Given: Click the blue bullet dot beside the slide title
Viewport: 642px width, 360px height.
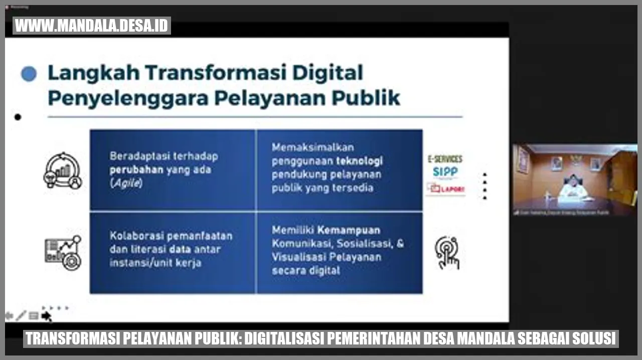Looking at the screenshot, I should [29, 74].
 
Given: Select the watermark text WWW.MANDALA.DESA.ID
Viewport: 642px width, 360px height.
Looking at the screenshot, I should [92, 26].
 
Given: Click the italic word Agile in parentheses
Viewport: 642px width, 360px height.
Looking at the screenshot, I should [126, 183].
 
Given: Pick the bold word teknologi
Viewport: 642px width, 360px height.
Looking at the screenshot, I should [360, 161].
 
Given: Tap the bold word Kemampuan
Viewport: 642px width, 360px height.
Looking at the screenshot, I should [349, 230].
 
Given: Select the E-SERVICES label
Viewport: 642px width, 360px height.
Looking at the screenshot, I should [445, 159].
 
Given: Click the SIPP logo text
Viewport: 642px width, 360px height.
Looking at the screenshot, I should [445, 171].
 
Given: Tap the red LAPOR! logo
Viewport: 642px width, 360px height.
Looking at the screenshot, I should [446, 189].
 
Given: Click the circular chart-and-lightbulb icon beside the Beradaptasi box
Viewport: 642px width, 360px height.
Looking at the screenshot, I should [63, 171].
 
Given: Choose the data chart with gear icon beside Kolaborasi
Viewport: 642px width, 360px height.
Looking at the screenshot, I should [63, 253].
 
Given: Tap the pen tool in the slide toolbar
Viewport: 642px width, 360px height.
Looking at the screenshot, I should [21, 316].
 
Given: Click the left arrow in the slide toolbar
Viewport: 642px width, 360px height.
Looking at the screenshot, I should [9, 316].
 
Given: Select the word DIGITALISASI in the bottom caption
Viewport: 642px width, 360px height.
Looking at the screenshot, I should [283, 339].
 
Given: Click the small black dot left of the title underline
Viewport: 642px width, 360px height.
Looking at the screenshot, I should [18, 117].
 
